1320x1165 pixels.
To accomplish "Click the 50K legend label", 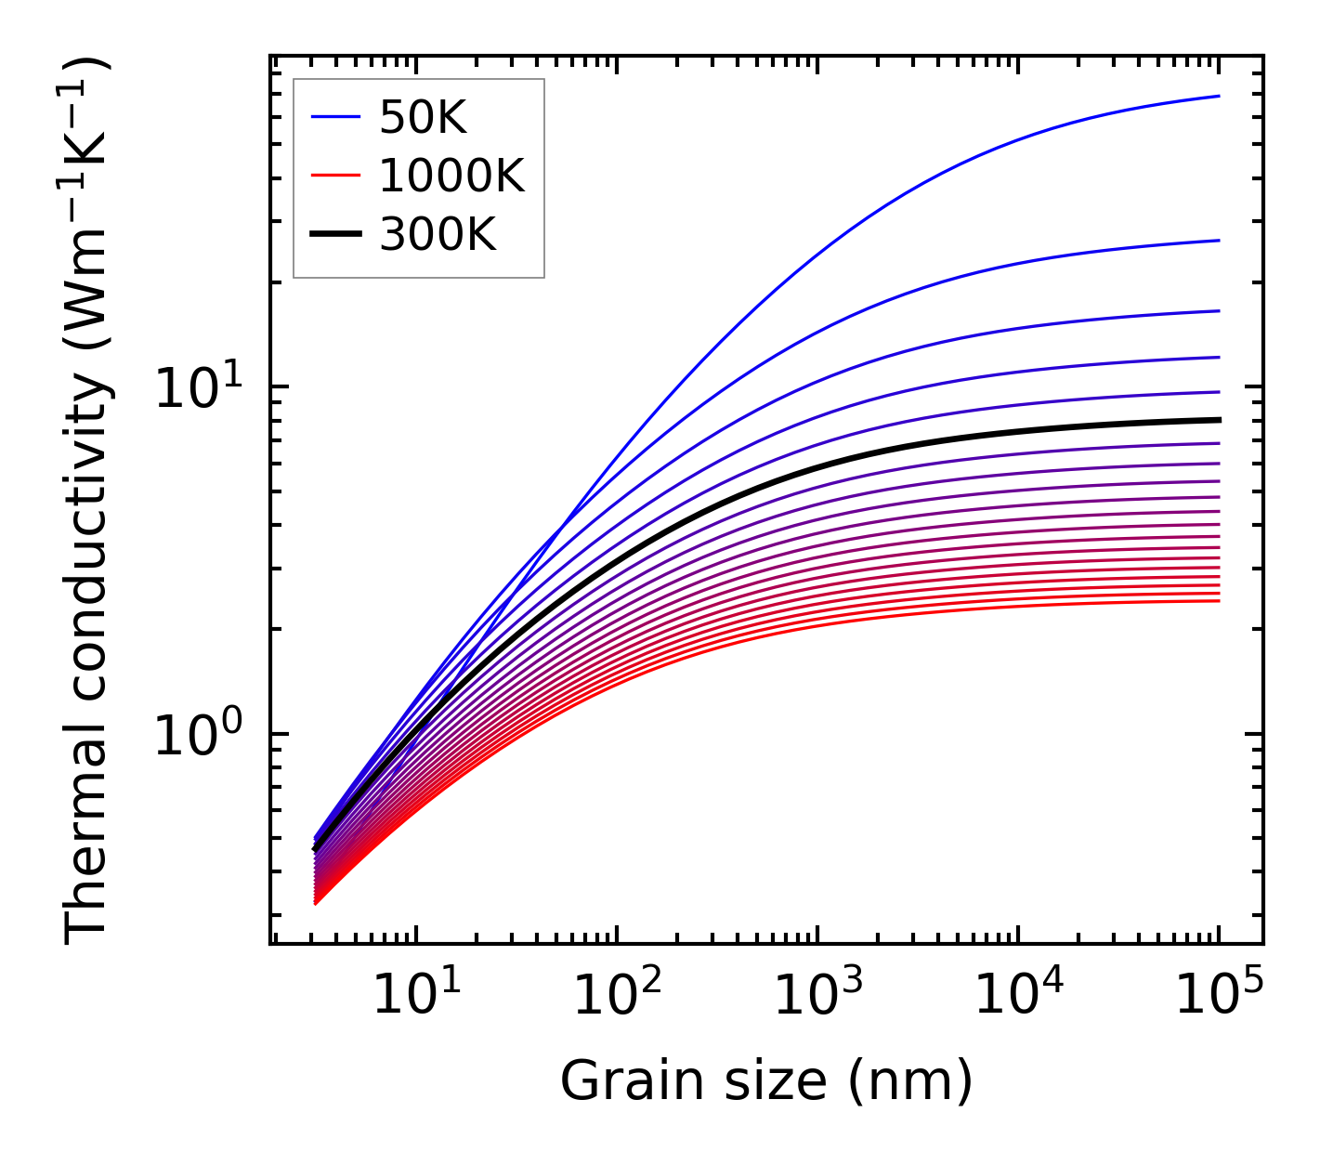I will [423, 117].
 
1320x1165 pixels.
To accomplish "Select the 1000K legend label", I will [451, 176].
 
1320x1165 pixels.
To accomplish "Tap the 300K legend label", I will [438, 235].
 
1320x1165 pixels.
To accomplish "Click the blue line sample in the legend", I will [334, 117].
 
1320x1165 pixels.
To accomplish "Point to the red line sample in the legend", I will [334, 176].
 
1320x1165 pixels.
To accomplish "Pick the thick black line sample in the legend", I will [334, 235].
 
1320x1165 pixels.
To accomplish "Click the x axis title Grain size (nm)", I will [766, 1081].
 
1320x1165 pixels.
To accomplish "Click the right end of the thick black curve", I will [1218, 420].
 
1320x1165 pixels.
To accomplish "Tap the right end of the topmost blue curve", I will [1218, 96].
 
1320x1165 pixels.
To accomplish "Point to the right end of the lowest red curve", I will [1218, 601].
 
